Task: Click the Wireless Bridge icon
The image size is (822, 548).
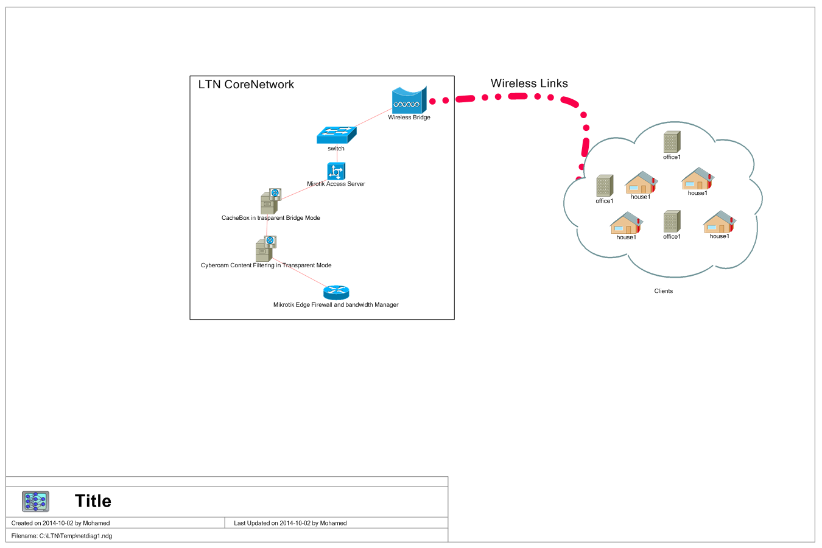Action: tap(409, 100)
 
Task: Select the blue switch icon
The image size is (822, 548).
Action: tap(336, 135)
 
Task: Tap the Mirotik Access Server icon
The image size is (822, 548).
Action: tap(336, 171)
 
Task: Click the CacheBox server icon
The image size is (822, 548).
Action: tap(270, 202)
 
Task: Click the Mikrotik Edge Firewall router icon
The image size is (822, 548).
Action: tap(336, 293)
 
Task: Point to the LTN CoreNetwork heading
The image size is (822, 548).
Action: tap(246, 85)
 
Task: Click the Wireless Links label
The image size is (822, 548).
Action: tap(529, 83)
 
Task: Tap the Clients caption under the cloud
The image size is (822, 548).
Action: tap(663, 291)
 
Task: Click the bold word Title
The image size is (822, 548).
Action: tap(93, 501)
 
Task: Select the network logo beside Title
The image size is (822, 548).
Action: tap(35, 501)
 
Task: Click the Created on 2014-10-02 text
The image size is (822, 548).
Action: tap(60, 523)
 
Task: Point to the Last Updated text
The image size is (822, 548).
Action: tap(290, 523)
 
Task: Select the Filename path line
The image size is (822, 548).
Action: tap(61, 536)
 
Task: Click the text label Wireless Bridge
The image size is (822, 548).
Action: tap(409, 118)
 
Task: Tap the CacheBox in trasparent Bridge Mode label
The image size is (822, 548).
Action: tap(270, 218)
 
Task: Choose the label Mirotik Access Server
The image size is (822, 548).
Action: tap(336, 184)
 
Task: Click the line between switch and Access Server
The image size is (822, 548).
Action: tap(337, 156)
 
